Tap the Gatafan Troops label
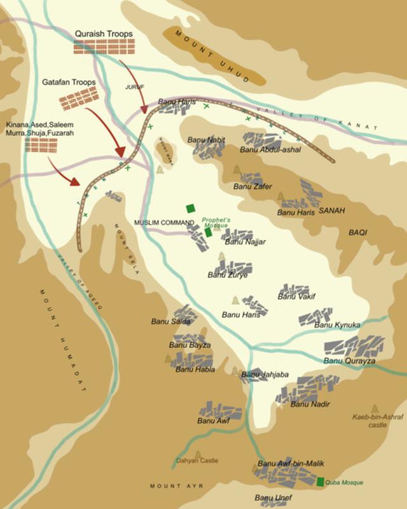pyautogui.click(x=69, y=83)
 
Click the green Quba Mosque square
pyautogui.click(x=321, y=482)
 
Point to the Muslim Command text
pyautogui.click(x=163, y=223)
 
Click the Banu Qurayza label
pyautogui.click(x=350, y=361)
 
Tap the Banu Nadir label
pyautogui.click(x=307, y=404)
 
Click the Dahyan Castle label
pyautogui.click(x=197, y=461)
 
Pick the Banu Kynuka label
pyautogui.click(x=338, y=325)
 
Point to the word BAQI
pyautogui.click(x=357, y=233)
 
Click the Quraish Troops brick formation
pyautogui.click(x=104, y=47)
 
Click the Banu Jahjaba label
pyautogui.click(x=265, y=375)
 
